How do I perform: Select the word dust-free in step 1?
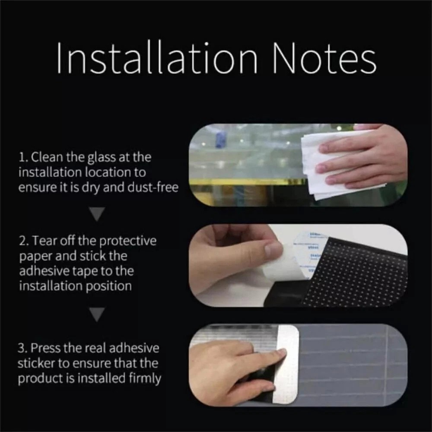[x=153, y=187]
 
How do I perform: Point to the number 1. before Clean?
[x=23, y=157]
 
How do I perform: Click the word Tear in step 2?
[x=44, y=241]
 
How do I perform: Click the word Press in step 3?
[x=46, y=348]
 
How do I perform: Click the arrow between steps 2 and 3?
[x=97, y=314]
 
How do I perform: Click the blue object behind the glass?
[x=221, y=139]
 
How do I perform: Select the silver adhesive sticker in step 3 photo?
[x=287, y=363]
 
